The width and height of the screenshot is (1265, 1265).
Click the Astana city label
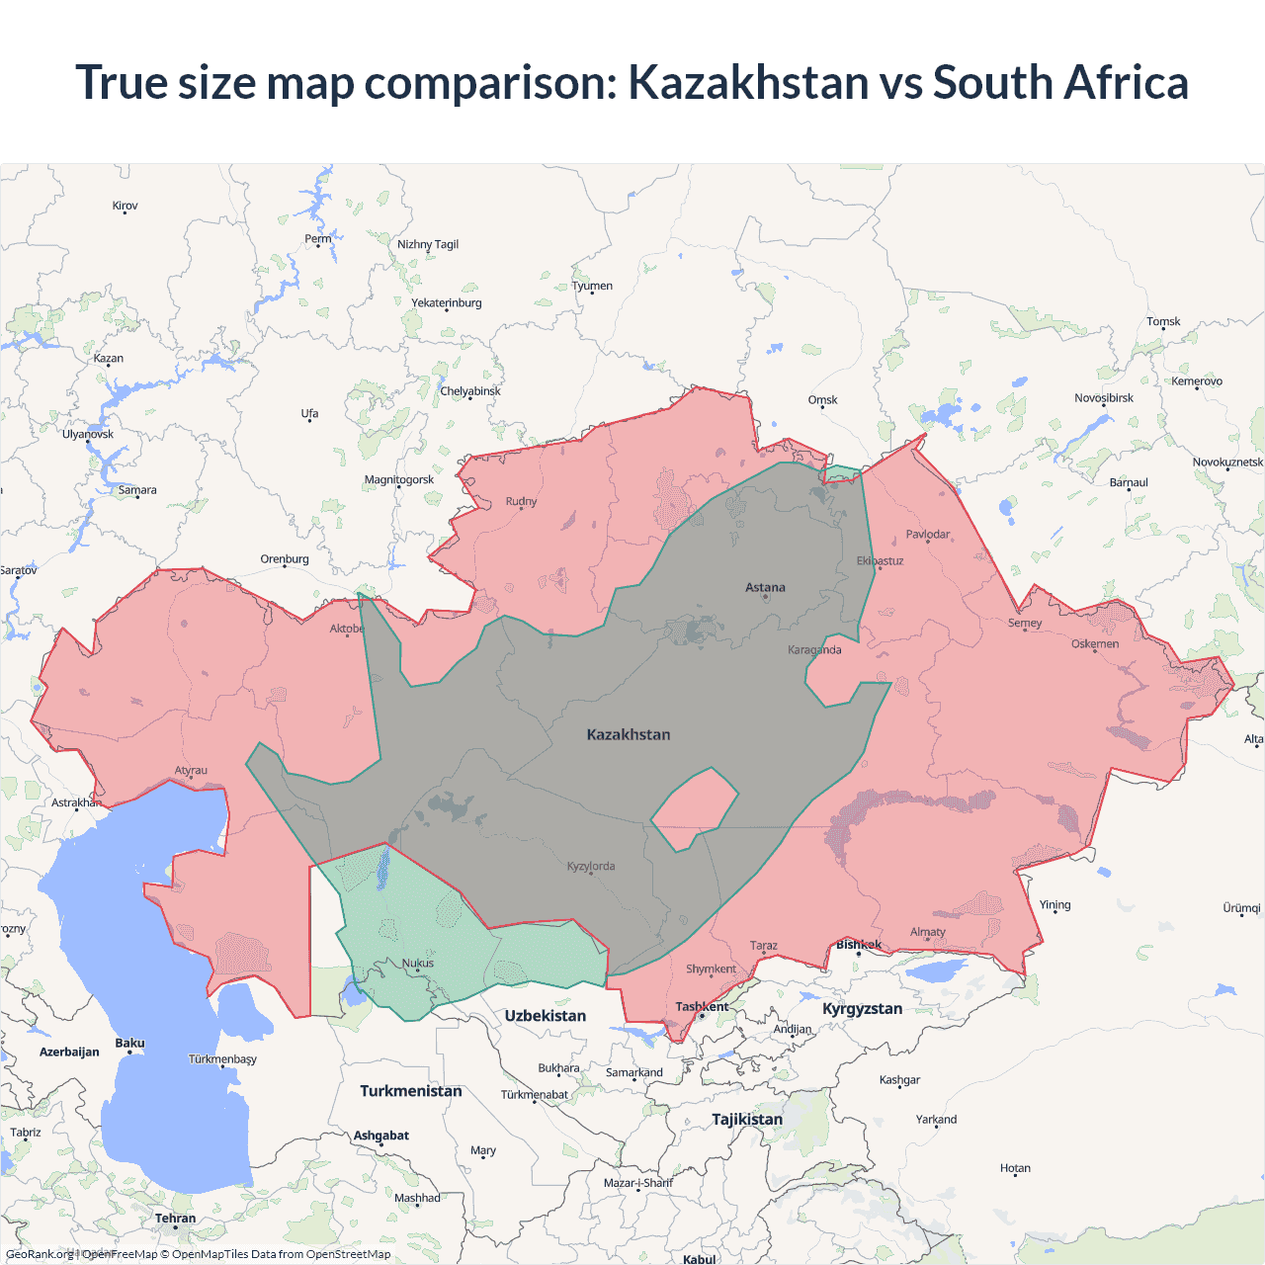pyautogui.click(x=765, y=587)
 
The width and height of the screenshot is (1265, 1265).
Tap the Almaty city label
pyautogui.click(x=927, y=932)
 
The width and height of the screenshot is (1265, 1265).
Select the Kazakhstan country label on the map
pyautogui.click(x=629, y=734)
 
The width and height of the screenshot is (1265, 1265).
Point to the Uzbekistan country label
pyautogui.click(x=546, y=1016)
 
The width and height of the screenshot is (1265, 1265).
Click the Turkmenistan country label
pyautogui.click(x=411, y=1091)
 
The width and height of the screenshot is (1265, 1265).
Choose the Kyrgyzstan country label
pyautogui.click(x=862, y=1008)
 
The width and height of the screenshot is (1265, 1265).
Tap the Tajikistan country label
pyautogui.click(x=747, y=1119)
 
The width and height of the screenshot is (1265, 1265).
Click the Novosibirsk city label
pyautogui.click(x=1104, y=398)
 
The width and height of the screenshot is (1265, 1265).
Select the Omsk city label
pyautogui.click(x=822, y=400)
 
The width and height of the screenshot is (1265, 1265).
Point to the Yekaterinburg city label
pyautogui.click(x=447, y=303)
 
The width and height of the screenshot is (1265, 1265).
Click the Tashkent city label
pyautogui.click(x=702, y=1007)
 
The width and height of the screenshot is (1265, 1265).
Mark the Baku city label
pyautogui.click(x=129, y=1043)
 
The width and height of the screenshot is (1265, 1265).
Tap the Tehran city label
pyautogui.click(x=175, y=1219)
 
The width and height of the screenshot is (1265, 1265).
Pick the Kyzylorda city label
pyautogui.click(x=591, y=867)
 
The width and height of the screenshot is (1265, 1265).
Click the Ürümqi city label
pyautogui.click(x=1241, y=908)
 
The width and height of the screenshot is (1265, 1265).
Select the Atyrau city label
pyautogui.click(x=191, y=771)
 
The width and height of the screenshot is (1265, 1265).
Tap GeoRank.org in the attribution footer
pyautogui.click(x=40, y=1254)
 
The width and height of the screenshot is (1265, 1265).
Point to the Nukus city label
pyautogui.click(x=417, y=963)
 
